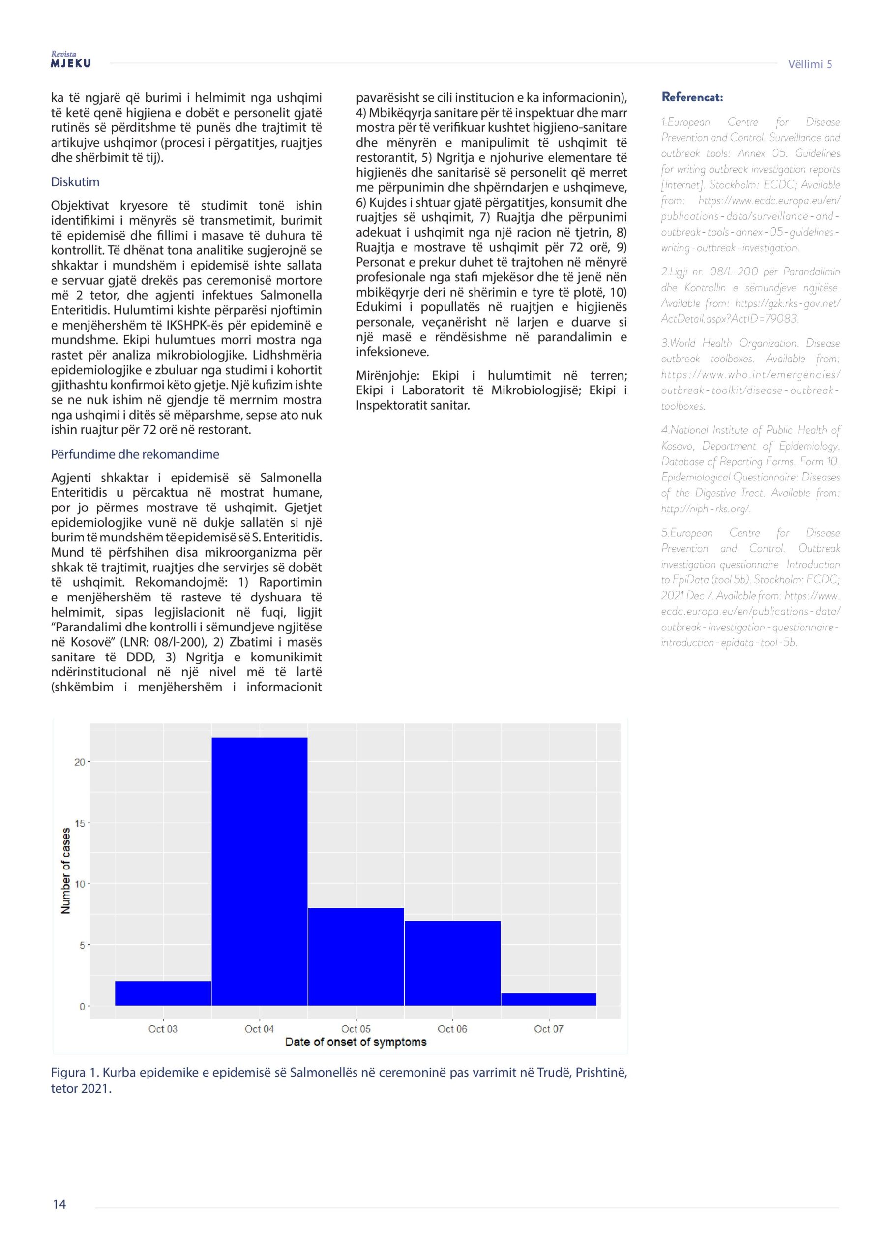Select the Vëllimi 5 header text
pyautogui.click(x=809, y=65)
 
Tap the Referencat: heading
pyautogui.click(x=692, y=97)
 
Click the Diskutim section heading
pyautogui.click(x=75, y=182)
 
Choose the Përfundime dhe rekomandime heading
pyautogui.click(x=135, y=454)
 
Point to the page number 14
pyautogui.click(x=59, y=1204)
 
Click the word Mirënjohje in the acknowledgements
pyautogui.click(x=387, y=376)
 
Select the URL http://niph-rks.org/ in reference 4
pyautogui.click(x=706, y=509)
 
